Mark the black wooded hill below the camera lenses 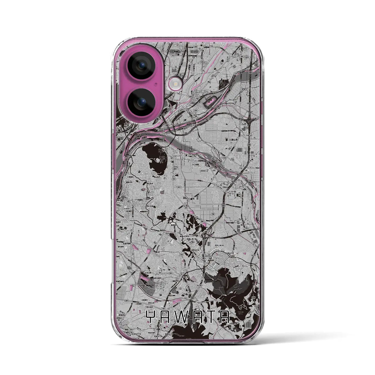(x=155, y=159)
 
